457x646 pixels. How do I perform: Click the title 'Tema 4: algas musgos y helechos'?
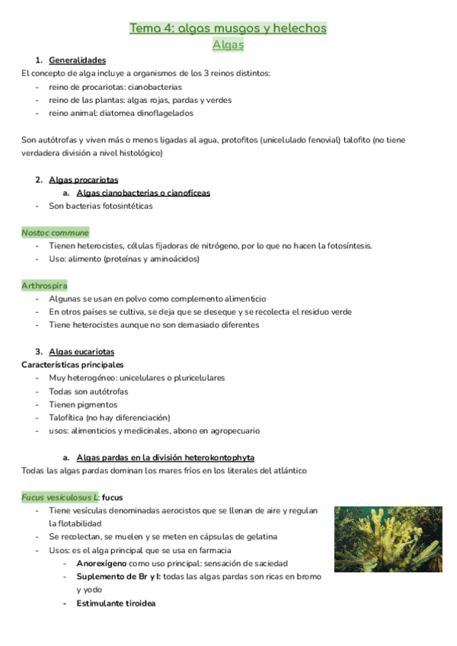[x=228, y=28]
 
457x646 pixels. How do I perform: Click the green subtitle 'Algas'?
[x=228, y=45]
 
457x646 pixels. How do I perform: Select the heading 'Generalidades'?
[x=77, y=60]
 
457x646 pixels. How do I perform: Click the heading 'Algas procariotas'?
[x=83, y=180]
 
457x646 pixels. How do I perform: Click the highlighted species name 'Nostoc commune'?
[x=55, y=232]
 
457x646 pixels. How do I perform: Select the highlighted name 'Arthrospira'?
[x=44, y=286]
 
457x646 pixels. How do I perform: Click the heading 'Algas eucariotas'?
[x=81, y=352]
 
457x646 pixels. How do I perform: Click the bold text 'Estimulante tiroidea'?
[x=116, y=603]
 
